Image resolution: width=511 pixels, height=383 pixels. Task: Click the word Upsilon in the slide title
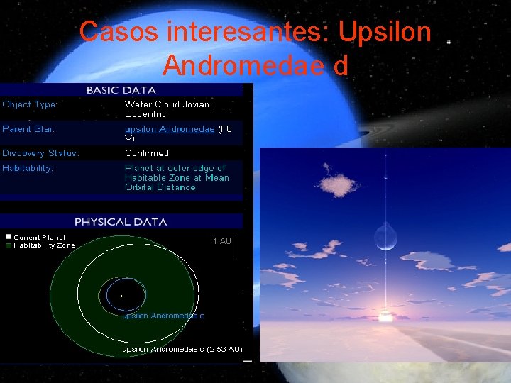385,32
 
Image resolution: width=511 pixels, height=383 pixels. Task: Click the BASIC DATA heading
121,90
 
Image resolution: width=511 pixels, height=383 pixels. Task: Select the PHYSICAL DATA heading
121,221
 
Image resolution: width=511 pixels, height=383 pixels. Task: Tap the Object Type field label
30,104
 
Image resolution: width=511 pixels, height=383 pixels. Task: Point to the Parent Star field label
28,129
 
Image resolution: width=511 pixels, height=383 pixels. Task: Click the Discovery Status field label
40,153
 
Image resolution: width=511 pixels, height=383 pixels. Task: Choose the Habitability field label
28,168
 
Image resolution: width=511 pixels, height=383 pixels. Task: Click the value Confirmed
147,153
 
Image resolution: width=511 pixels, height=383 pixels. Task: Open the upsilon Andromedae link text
170,129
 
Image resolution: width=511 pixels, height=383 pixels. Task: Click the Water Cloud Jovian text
167,104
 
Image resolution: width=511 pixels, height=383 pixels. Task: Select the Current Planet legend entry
39,237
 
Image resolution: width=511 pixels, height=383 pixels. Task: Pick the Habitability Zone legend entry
43,245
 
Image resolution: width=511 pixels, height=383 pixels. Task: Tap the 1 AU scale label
222,241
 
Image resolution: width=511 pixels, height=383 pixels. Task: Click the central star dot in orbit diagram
121,295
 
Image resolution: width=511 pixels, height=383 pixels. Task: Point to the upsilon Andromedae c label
163,316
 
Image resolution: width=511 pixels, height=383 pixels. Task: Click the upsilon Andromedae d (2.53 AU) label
182,349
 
